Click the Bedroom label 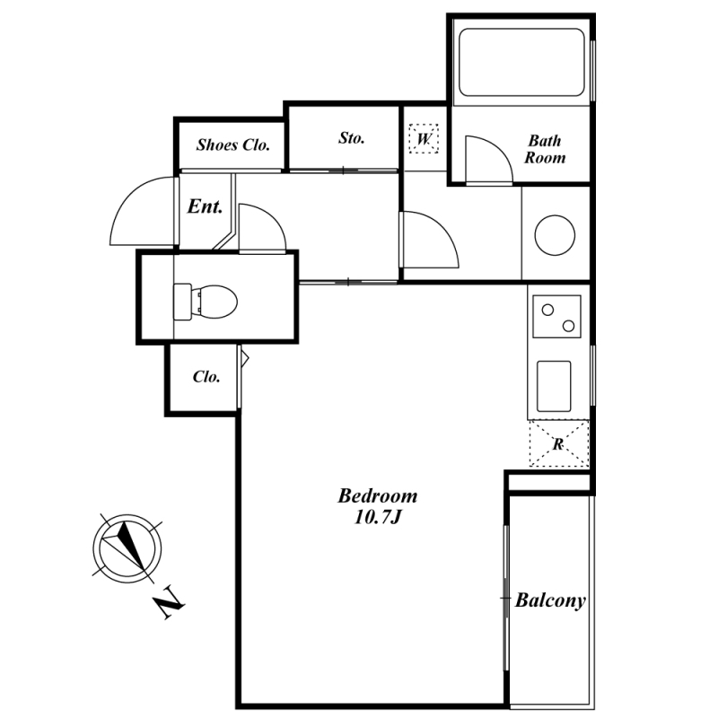[378, 496]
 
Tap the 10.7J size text [378, 518]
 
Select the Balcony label [550, 600]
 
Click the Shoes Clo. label [232, 144]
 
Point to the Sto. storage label [352, 138]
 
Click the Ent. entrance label [205, 206]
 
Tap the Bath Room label [545, 149]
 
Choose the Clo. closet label [206, 376]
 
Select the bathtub [521, 62]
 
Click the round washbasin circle [555, 235]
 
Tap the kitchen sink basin [554, 386]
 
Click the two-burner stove [556, 317]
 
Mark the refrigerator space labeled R [558, 443]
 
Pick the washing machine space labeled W [424, 138]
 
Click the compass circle [127, 548]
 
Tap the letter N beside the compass [169, 601]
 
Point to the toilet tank [182, 302]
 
